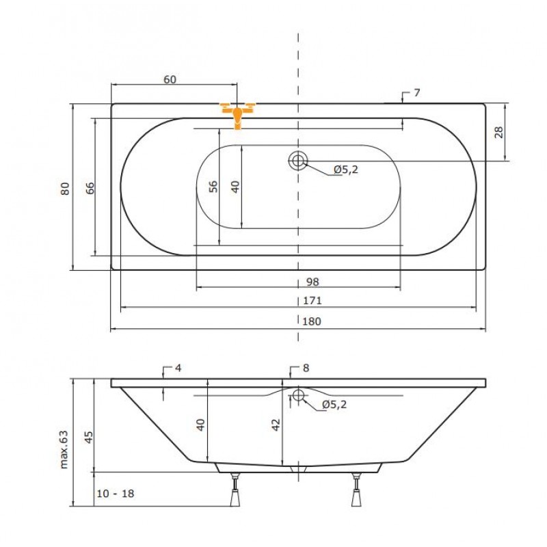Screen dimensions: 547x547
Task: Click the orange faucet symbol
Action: pyautogui.click(x=237, y=115)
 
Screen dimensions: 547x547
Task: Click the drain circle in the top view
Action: pyautogui.click(x=298, y=161)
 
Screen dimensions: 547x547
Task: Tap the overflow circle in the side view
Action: pyautogui.click(x=298, y=395)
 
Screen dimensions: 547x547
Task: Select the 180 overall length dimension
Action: pyautogui.click(x=312, y=321)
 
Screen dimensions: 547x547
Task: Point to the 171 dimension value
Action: pyautogui.click(x=312, y=300)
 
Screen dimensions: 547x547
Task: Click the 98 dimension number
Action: pyautogui.click(x=312, y=282)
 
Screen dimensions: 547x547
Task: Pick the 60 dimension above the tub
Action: pyautogui.click(x=170, y=79)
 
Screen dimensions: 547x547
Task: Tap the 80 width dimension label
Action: pyautogui.click(x=65, y=189)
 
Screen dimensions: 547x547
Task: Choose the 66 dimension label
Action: pyautogui.click(x=90, y=188)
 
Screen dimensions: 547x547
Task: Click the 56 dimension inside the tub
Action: pyautogui.click(x=213, y=186)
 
